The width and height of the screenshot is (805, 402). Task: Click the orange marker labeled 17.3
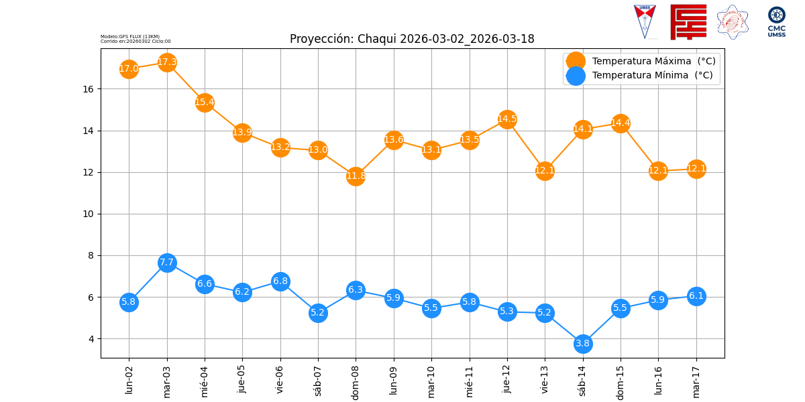click(167, 62)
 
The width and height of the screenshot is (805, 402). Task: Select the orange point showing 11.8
click(356, 176)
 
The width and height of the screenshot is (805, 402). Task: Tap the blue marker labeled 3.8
click(583, 344)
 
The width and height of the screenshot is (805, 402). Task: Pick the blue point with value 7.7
click(167, 263)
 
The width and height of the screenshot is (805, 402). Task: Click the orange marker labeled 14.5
click(507, 119)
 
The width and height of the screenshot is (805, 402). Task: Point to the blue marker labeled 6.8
click(280, 281)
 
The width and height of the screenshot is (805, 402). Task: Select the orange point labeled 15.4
click(205, 103)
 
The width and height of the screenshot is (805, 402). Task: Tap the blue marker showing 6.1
click(696, 296)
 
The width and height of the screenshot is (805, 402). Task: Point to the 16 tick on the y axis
click(92, 89)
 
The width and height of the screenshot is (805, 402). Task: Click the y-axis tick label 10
click(92, 214)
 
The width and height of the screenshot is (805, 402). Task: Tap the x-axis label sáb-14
click(583, 381)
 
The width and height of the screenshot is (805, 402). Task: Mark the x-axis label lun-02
click(129, 380)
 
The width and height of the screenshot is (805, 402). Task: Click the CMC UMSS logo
click(777, 21)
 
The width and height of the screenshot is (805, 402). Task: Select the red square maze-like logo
click(688, 21)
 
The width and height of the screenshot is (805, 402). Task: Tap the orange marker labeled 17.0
click(129, 68)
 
